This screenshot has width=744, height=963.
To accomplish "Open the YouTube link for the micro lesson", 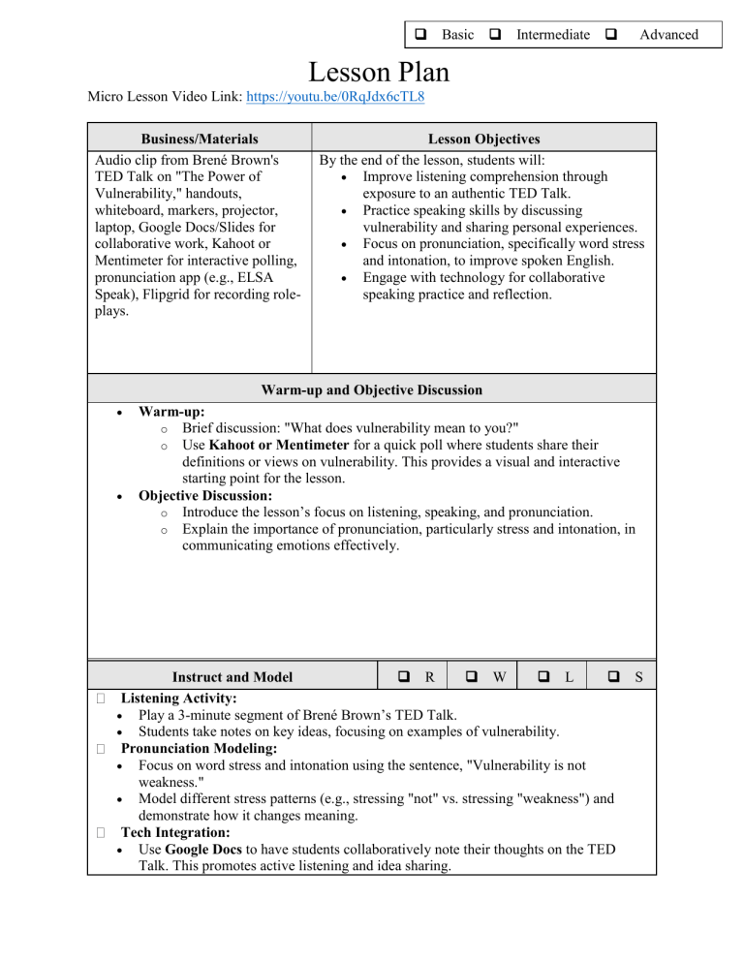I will click(350, 98).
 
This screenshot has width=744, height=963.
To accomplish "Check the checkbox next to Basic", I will click(422, 35).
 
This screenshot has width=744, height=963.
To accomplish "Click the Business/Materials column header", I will click(199, 140).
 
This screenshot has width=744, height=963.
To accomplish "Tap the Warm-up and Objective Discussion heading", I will click(371, 390).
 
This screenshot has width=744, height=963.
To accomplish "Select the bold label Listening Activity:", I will click(180, 698).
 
